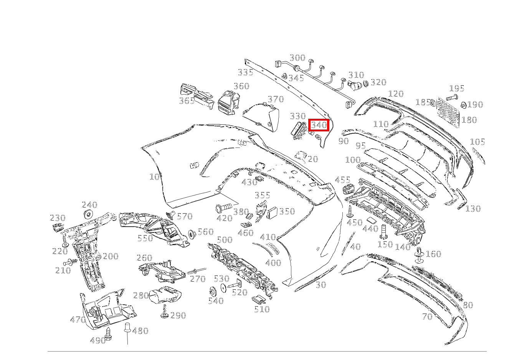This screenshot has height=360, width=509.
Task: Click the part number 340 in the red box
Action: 319,125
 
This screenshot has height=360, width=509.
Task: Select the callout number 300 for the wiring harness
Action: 297,58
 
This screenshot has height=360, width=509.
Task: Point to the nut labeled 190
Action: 464,105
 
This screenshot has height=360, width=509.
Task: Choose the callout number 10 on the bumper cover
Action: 154,177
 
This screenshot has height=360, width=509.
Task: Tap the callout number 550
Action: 145,238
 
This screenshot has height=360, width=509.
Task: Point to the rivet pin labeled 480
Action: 127,328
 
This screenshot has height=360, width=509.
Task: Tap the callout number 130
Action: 473,209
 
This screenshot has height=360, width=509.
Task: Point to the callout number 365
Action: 187,101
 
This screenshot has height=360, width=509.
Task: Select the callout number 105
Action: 478,142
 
